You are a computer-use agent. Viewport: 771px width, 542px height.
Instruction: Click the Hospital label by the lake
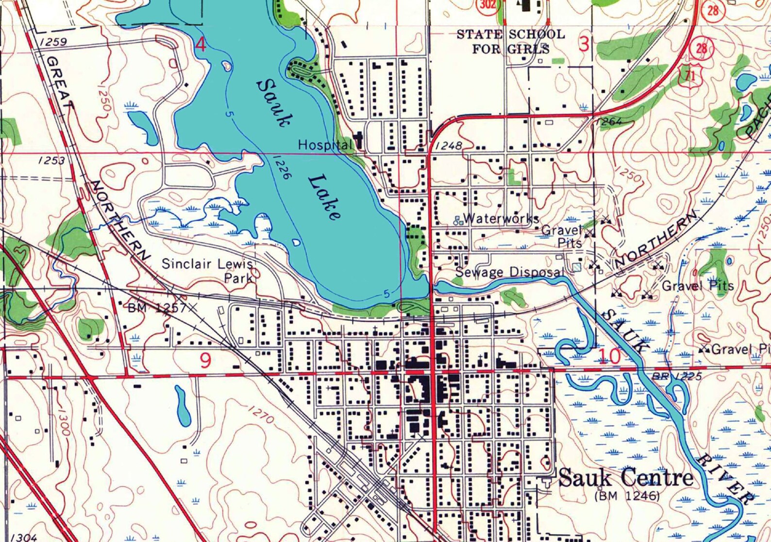click(x=324, y=144)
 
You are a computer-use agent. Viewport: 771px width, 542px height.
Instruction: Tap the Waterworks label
click(x=501, y=218)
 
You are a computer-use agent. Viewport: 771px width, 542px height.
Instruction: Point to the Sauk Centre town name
click(x=625, y=478)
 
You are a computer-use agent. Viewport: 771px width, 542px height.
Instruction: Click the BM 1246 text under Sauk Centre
click(x=627, y=496)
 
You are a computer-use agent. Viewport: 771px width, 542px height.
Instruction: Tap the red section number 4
click(x=201, y=45)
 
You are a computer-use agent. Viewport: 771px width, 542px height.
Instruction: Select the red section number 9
click(x=205, y=361)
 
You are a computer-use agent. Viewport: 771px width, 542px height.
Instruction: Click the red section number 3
click(x=584, y=44)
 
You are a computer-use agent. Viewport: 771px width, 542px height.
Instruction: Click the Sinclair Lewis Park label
click(x=208, y=271)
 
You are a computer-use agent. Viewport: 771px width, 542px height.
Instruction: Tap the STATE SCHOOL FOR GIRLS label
click(x=511, y=41)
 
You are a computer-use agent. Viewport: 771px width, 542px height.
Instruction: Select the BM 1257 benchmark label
click(x=157, y=308)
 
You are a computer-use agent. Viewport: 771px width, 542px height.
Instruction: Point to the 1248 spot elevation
click(x=449, y=145)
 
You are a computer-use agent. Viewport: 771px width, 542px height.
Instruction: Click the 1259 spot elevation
click(x=53, y=42)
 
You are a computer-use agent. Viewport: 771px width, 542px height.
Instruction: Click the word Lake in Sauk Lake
click(x=324, y=197)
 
